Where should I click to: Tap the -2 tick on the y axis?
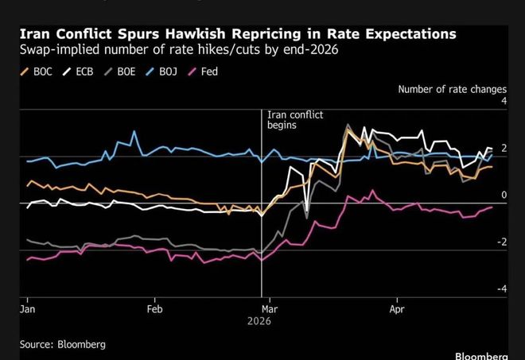tap(501, 242)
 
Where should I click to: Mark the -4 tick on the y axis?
tap(501, 289)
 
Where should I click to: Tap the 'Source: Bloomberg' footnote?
tap(63, 344)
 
